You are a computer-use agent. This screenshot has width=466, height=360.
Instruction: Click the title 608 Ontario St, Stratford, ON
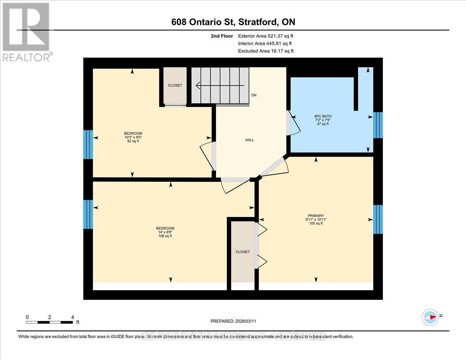(x=233, y=22)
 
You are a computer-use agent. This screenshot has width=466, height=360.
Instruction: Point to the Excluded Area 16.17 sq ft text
(x=266, y=51)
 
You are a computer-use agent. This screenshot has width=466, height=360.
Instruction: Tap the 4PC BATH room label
(x=323, y=116)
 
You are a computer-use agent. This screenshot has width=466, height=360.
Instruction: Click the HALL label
(x=249, y=140)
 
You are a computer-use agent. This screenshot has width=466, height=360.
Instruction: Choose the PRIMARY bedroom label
(x=316, y=216)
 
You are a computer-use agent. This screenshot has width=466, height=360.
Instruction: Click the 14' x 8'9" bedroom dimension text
(x=165, y=232)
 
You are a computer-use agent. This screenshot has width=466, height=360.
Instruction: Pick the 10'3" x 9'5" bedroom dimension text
(x=132, y=137)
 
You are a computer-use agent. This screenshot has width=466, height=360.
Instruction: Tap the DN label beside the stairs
(x=254, y=95)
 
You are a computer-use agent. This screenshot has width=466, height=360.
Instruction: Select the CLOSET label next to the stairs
(x=175, y=85)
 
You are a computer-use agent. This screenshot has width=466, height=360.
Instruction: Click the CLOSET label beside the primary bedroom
(x=243, y=252)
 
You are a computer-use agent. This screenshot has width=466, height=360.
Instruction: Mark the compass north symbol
(x=430, y=317)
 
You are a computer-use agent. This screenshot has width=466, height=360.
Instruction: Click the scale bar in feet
(x=50, y=322)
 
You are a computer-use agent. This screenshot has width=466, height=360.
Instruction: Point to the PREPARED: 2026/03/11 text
(x=233, y=321)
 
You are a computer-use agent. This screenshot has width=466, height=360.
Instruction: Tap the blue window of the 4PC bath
(x=378, y=125)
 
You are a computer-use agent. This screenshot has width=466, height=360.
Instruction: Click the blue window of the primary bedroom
(x=378, y=219)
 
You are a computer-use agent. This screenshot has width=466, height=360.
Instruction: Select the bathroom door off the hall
(x=289, y=123)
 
